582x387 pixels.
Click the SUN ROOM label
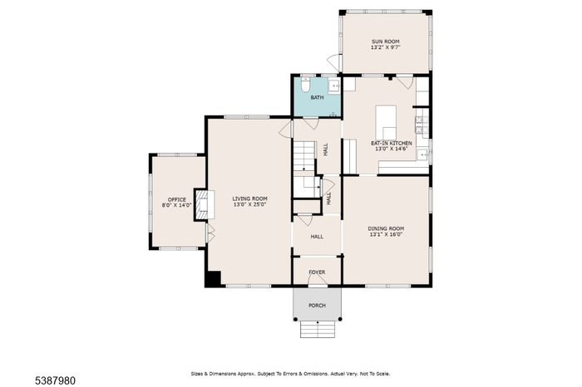point(386,42)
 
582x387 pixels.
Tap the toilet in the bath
point(305,84)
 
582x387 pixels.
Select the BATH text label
point(317,97)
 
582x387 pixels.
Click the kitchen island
point(386,122)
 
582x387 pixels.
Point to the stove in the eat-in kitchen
point(422,125)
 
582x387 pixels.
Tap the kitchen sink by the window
point(422,154)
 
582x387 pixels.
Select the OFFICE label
point(176,199)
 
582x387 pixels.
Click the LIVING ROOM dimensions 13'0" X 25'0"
point(249,204)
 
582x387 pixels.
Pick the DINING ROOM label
point(386,228)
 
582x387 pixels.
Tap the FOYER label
point(317,272)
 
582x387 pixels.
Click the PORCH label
point(318,306)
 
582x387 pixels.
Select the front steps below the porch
point(318,329)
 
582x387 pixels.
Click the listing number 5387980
point(56,380)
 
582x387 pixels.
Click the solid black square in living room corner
point(214,278)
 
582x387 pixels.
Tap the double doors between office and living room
point(210,233)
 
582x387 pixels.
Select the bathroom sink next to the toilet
point(334,86)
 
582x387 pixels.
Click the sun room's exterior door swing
point(333,62)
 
